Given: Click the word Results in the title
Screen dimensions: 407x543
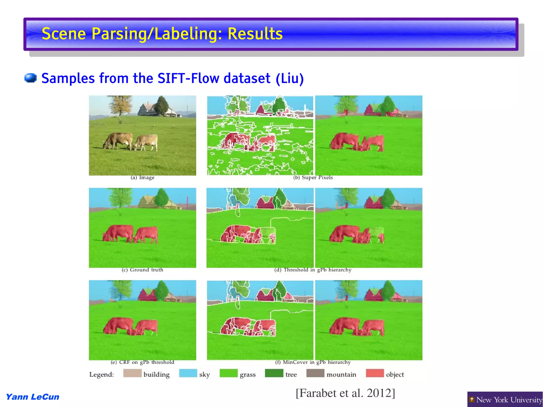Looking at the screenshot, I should (255, 34).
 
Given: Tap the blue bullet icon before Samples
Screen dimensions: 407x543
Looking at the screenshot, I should (30, 78).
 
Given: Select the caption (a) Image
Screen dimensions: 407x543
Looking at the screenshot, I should (142, 178).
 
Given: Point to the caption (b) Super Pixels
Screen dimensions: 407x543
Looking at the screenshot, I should (313, 178).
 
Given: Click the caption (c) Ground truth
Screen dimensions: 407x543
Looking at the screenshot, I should (142, 270).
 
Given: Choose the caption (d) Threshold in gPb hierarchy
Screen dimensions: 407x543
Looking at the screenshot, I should (313, 270).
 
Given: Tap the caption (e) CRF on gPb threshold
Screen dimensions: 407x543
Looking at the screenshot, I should (142, 362).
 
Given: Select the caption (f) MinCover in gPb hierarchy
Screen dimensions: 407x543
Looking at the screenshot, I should (313, 362).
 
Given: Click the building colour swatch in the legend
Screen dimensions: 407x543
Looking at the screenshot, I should (132, 373).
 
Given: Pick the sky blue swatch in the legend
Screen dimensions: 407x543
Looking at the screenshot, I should (188, 373).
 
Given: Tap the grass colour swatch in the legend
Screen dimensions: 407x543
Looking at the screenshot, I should (229, 373).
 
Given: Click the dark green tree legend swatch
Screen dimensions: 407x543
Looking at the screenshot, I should (274, 373).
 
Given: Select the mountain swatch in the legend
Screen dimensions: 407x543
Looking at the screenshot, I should (315, 373).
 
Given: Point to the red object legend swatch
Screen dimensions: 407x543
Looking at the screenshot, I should (375, 373).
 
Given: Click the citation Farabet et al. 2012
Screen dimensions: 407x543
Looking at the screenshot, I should (345, 393).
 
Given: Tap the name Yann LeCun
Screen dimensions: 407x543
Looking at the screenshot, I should (32, 397).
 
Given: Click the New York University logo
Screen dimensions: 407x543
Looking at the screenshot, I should (505, 400).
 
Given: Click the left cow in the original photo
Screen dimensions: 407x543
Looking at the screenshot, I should (118, 141).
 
